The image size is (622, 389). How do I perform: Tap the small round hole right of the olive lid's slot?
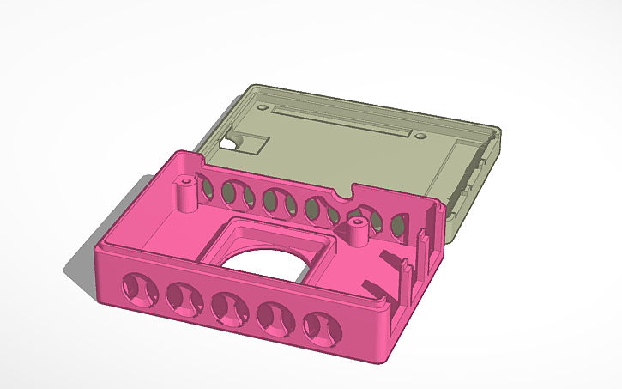[x=420, y=135]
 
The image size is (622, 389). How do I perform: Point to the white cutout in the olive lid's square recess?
[x=230, y=144]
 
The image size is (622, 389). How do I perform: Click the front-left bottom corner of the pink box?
[x=100, y=297]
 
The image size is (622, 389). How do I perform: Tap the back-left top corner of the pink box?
[x=178, y=154]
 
